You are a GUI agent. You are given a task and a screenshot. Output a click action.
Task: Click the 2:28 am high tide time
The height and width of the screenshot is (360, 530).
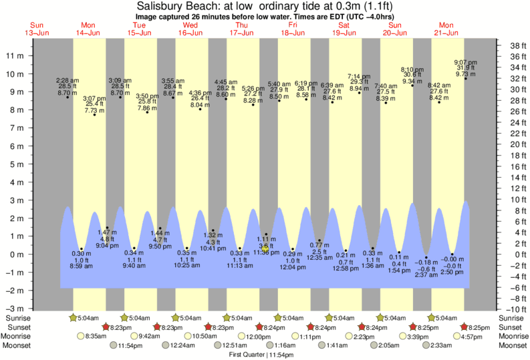point(68,80)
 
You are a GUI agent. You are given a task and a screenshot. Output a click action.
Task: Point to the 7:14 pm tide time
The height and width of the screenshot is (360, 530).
point(359,76)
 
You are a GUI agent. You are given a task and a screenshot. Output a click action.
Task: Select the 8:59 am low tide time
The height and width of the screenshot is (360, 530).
point(80,266)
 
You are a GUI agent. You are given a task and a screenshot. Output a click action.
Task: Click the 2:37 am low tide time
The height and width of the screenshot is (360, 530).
point(426,275)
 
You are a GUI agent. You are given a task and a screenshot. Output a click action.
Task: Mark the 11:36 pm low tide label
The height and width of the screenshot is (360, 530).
point(265,252)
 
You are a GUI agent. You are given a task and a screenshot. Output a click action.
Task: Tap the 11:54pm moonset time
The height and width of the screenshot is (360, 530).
point(131,346)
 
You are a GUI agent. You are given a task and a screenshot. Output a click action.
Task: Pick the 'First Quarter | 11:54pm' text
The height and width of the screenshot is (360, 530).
point(265,355)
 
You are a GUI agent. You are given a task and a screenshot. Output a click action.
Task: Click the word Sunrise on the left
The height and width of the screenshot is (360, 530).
point(15,318)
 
